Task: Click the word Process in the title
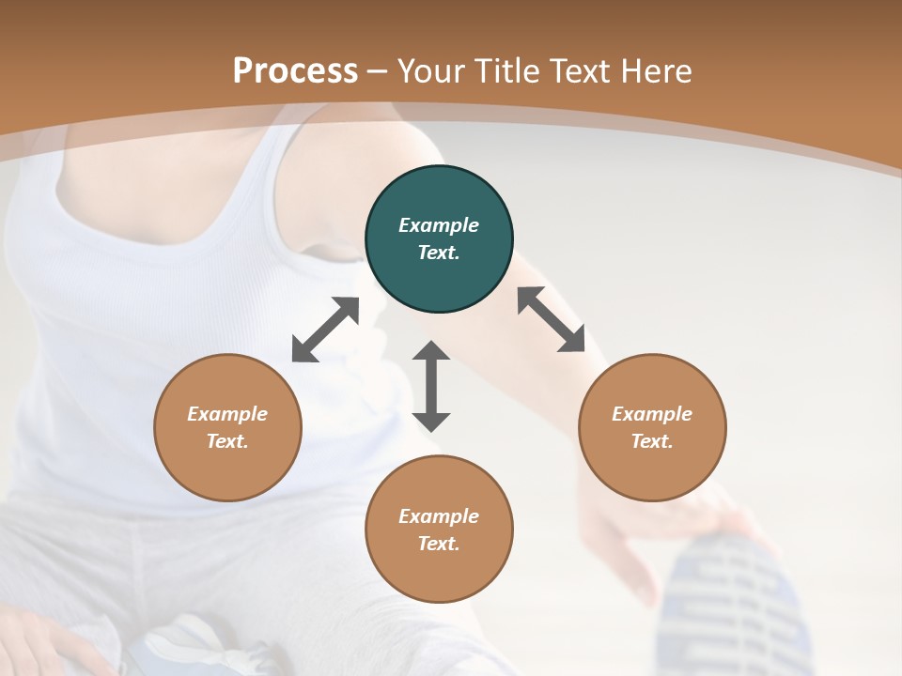click(x=295, y=71)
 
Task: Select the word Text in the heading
click(x=581, y=71)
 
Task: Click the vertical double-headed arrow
click(x=431, y=386)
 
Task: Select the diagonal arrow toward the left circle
click(x=325, y=330)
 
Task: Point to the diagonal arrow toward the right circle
click(x=551, y=319)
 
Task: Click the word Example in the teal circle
click(x=439, y=225)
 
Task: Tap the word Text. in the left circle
click(x=227, y=441)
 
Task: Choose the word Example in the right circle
click(x=652, y=414)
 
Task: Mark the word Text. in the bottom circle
click(x=439, y=544)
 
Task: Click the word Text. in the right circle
click(x=652, y=441)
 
